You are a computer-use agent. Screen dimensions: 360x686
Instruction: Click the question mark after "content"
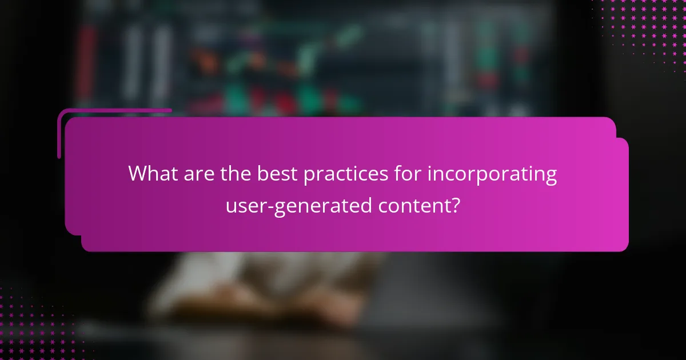(455, 205)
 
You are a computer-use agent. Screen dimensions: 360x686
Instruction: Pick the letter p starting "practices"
(309, 176)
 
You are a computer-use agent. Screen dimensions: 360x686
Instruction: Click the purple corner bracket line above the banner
(114, 110)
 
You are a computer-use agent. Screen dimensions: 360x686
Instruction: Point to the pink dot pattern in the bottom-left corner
(34, 331)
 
